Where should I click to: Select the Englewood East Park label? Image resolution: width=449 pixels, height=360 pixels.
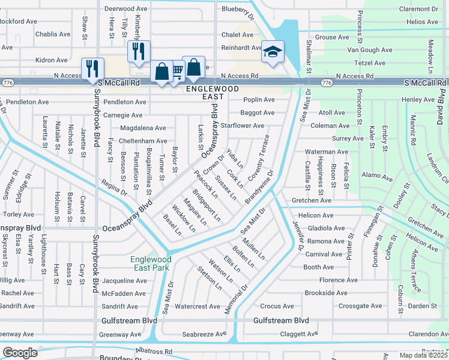point(151,263)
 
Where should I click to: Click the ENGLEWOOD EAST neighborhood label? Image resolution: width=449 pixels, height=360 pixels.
point(208,92)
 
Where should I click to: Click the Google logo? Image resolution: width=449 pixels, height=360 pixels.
point(20,353)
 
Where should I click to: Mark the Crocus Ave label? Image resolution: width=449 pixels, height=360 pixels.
point(277,306)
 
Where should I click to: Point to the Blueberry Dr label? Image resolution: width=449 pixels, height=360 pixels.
point(238,9)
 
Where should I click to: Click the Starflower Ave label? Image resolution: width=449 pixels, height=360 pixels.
point(243,126)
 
